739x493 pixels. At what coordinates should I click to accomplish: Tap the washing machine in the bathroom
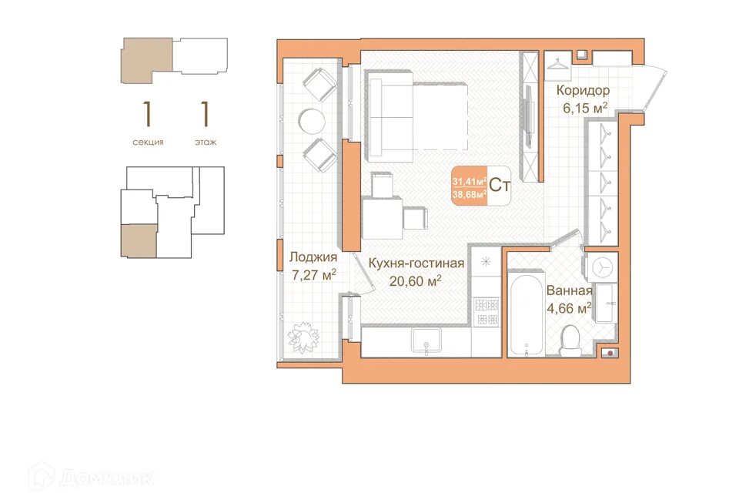point(602,267)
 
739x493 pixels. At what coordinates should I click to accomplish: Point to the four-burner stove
point(486,311)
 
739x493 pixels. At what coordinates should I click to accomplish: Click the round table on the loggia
point(312,122)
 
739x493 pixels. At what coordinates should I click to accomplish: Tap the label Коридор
point(583,90)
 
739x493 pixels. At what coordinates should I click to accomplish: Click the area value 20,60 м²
point(415,281)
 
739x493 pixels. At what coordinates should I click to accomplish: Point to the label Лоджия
point(313,257)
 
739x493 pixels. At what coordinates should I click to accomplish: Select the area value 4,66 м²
point(569,309)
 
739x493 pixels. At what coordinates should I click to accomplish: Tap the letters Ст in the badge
point(500,185)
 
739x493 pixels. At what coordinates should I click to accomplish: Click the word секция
point(148,142)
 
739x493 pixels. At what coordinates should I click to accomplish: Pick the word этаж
point(206,142)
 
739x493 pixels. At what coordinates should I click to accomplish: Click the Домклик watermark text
point(106,478)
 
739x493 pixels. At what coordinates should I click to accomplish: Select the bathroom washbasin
point(606,303)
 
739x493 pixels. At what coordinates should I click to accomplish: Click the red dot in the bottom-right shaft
point(610,352)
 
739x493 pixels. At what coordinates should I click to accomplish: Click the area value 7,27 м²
point(314,275)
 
